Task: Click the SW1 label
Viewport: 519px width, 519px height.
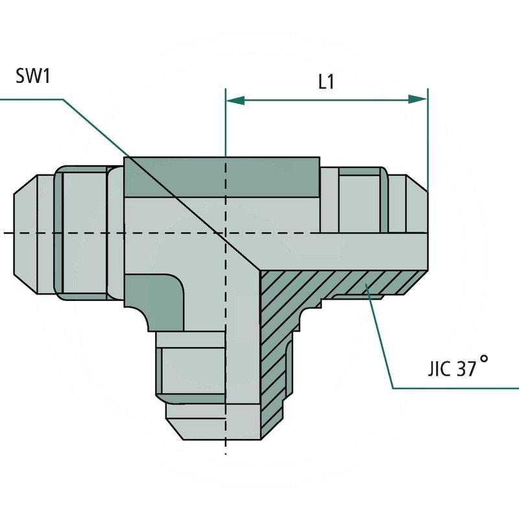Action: (33, 76)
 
